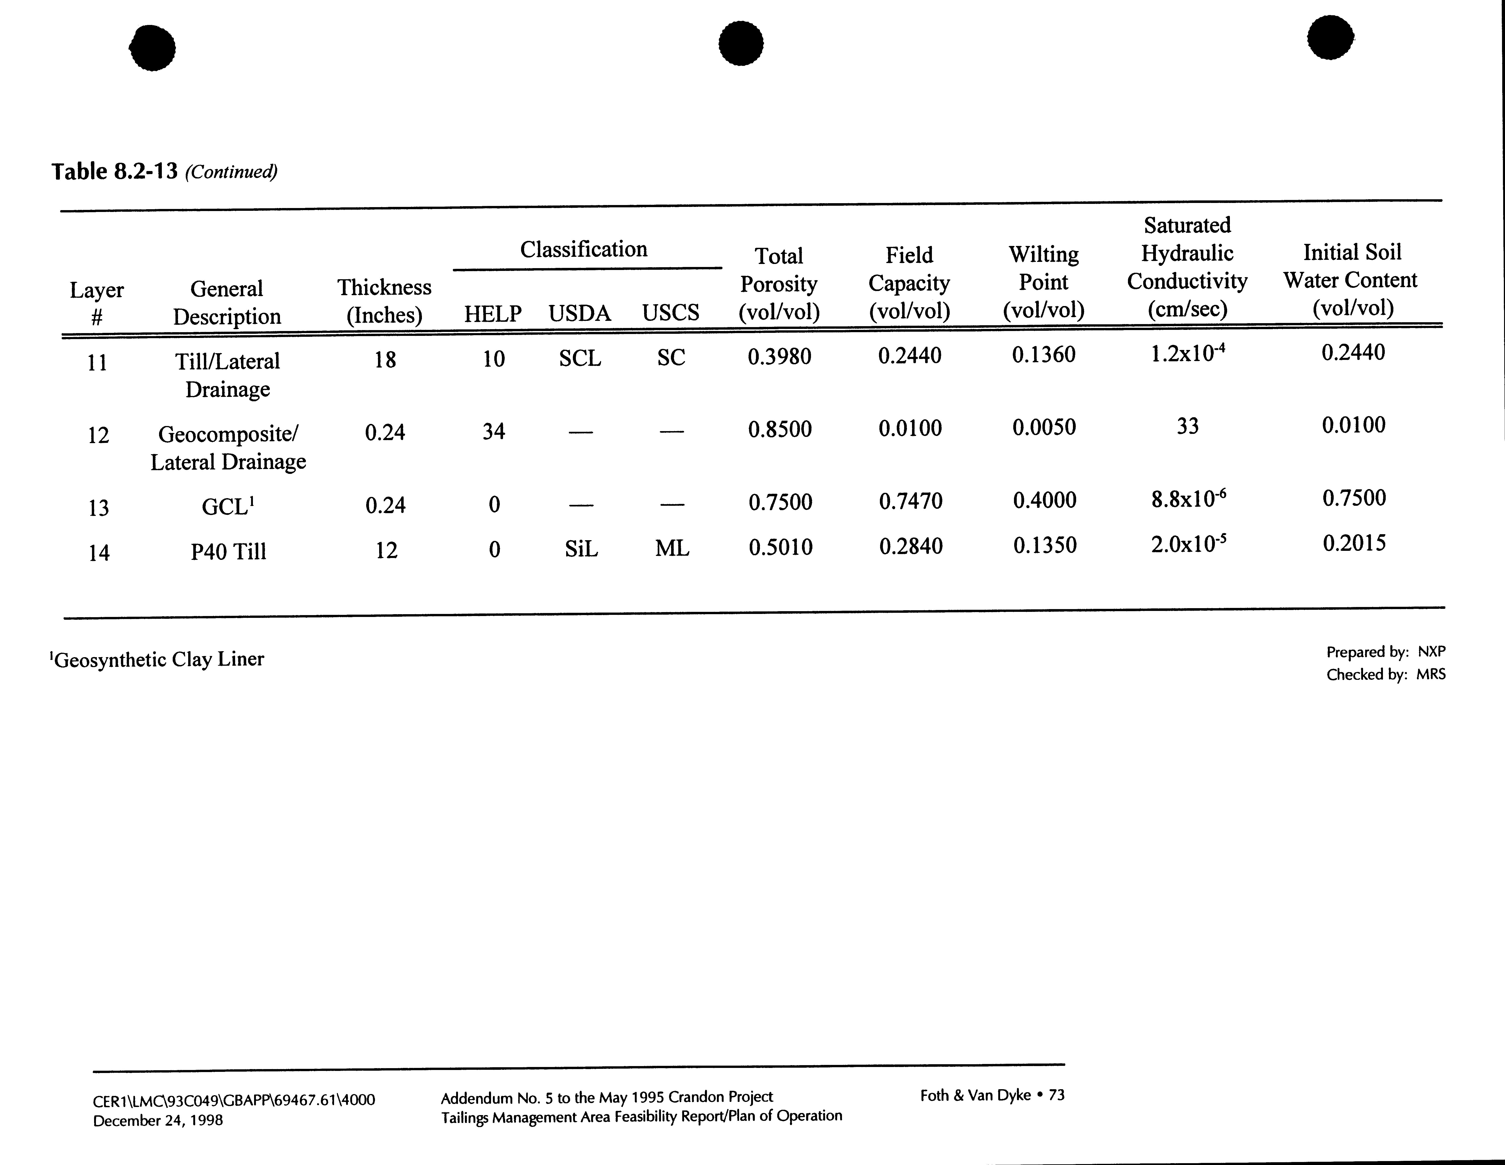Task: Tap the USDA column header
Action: pos(580,313)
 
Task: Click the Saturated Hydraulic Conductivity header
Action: pos(1187,267)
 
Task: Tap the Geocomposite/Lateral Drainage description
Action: pos(228,448)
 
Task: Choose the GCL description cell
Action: pos(228,506)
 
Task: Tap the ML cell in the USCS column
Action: pos(672,548)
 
